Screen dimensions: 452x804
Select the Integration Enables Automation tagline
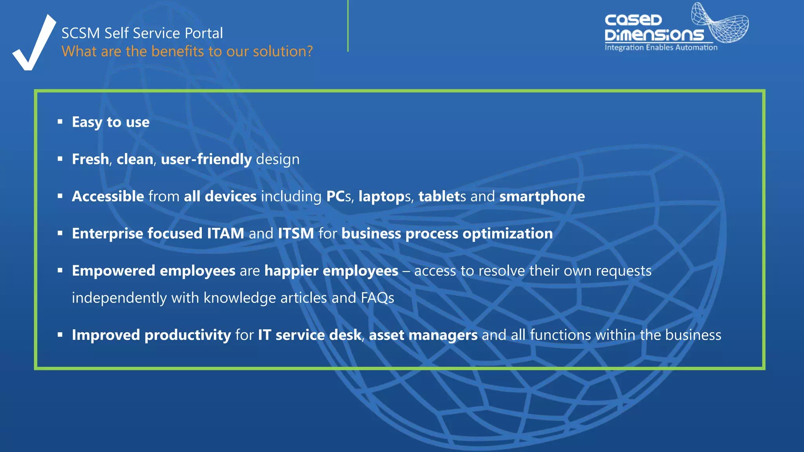click(661, 47)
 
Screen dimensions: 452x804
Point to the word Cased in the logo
click(633, 20)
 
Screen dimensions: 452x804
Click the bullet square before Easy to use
click(60, 122)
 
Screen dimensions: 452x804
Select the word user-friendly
click(206, 159)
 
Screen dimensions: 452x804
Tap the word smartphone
click(542, 197)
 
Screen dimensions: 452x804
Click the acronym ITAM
click(225, 234)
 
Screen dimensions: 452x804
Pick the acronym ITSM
click(296, 234)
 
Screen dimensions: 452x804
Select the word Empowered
click(113, 271)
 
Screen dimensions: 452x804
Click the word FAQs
click(377, 298)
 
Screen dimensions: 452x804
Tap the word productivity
click(188, 335)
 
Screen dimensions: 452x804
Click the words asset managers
click(423, 335)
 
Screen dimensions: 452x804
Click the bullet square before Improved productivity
click(60, 335)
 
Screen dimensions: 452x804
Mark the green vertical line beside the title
click(348, 26)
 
